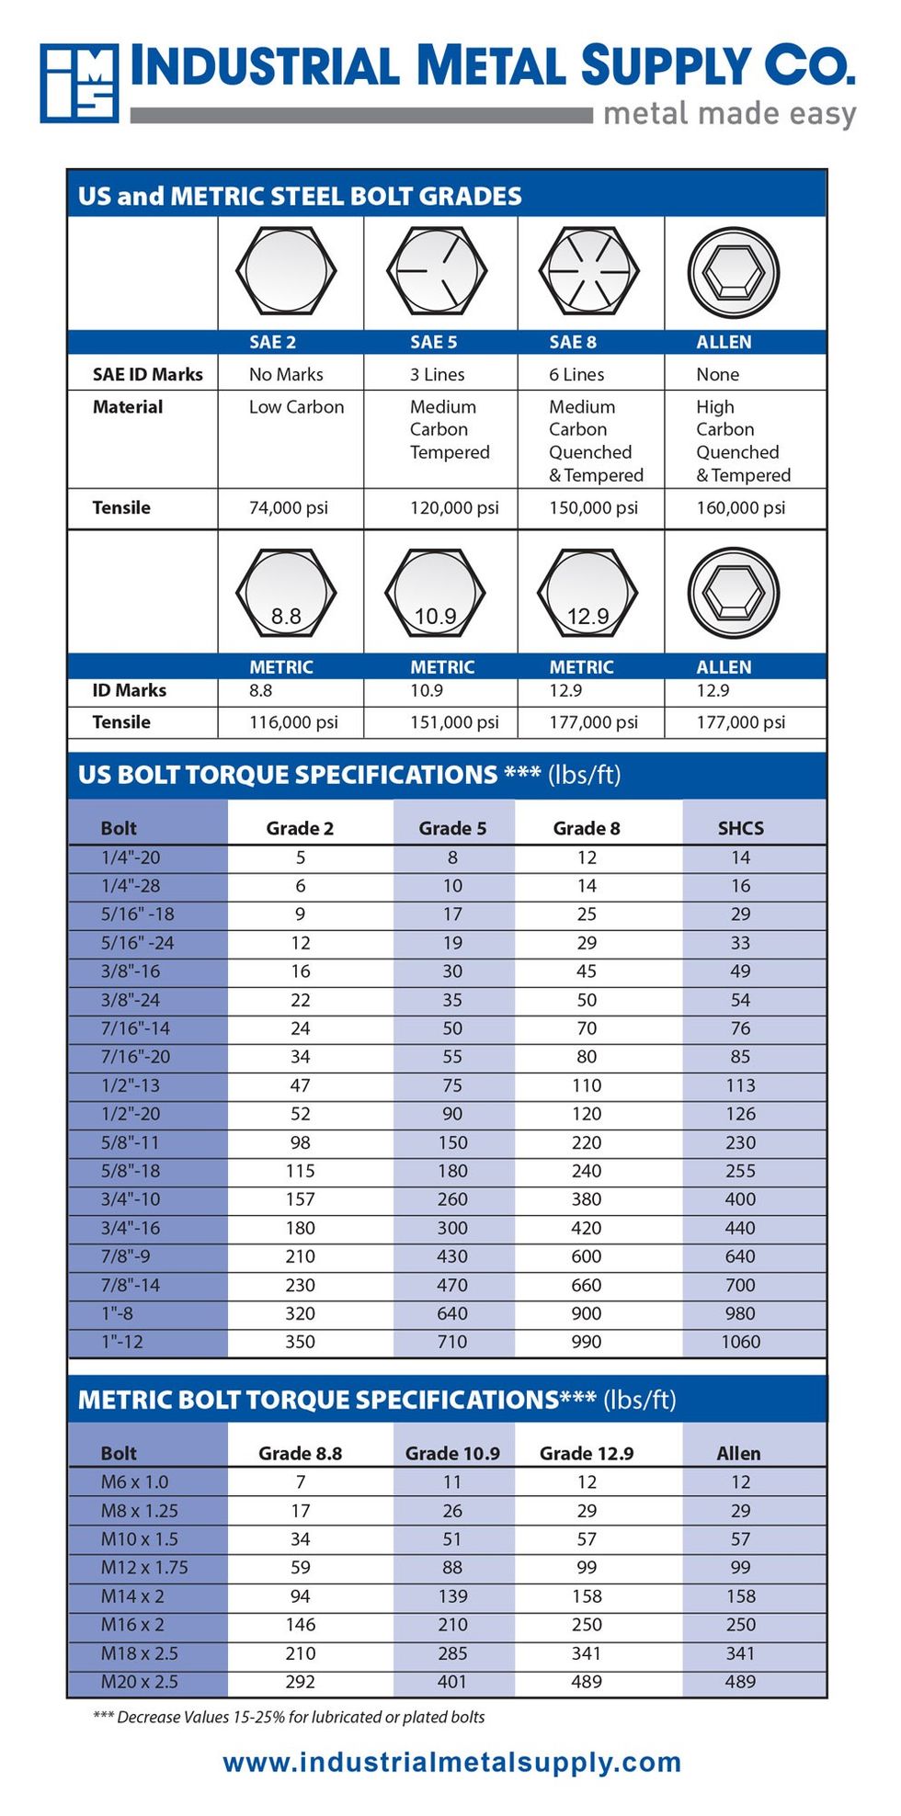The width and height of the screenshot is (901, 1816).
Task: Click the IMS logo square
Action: coord(79,83)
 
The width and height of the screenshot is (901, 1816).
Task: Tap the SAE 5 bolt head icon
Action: coord(437,271)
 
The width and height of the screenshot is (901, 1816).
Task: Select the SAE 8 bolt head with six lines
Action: coord(588,271)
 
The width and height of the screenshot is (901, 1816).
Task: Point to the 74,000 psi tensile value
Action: coord(288,507)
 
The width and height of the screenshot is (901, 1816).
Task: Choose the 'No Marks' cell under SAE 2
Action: coord(286,374)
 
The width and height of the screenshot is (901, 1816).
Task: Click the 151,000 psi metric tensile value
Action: coord(454,722)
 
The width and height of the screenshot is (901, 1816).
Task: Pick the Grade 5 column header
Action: coord(452,828)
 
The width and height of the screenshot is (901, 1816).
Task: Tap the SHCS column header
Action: coord(740,828)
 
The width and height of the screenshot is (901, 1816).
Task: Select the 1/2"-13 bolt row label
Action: coord(131,1085)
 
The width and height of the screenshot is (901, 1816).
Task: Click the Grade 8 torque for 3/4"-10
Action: coord(587,1199)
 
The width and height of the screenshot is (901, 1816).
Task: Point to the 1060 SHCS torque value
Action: coord(740,1342)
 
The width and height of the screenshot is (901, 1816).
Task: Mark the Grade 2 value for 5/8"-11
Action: coord(300,1142)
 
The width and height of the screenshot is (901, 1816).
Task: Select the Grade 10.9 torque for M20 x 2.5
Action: coord(452,1682)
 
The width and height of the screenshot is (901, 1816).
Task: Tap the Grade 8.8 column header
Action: coord(300,1453)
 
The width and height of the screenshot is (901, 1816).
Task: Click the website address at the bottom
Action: coord(451,1762)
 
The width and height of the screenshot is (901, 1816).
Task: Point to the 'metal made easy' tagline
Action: coord(730,115)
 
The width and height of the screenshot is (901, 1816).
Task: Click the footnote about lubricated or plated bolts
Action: coord(289,1717)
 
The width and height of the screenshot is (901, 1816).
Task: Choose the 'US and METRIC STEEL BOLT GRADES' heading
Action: coord(300,196)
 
